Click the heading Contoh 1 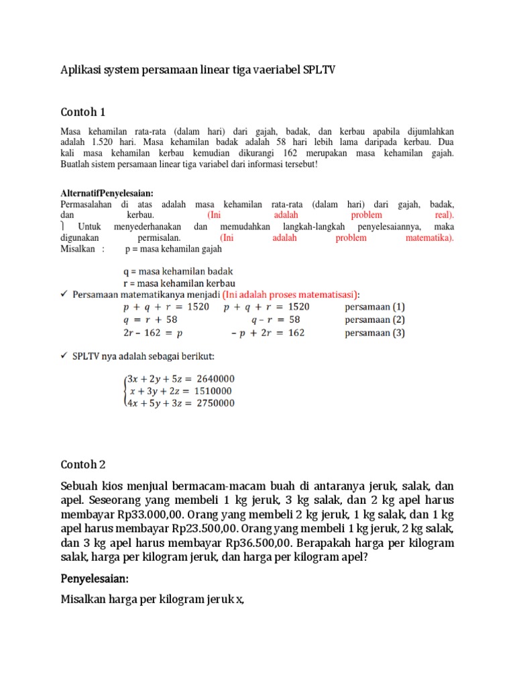[x=83, y=111]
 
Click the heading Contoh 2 [x=83, y=464]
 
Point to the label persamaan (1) [x=375, y=307]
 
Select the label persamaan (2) [x=375, y=319]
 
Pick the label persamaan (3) [x=375, y=333]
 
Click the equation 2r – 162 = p [x=153, y=333]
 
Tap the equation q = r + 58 [x=150, y=320]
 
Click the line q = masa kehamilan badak [x=178, y=272]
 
